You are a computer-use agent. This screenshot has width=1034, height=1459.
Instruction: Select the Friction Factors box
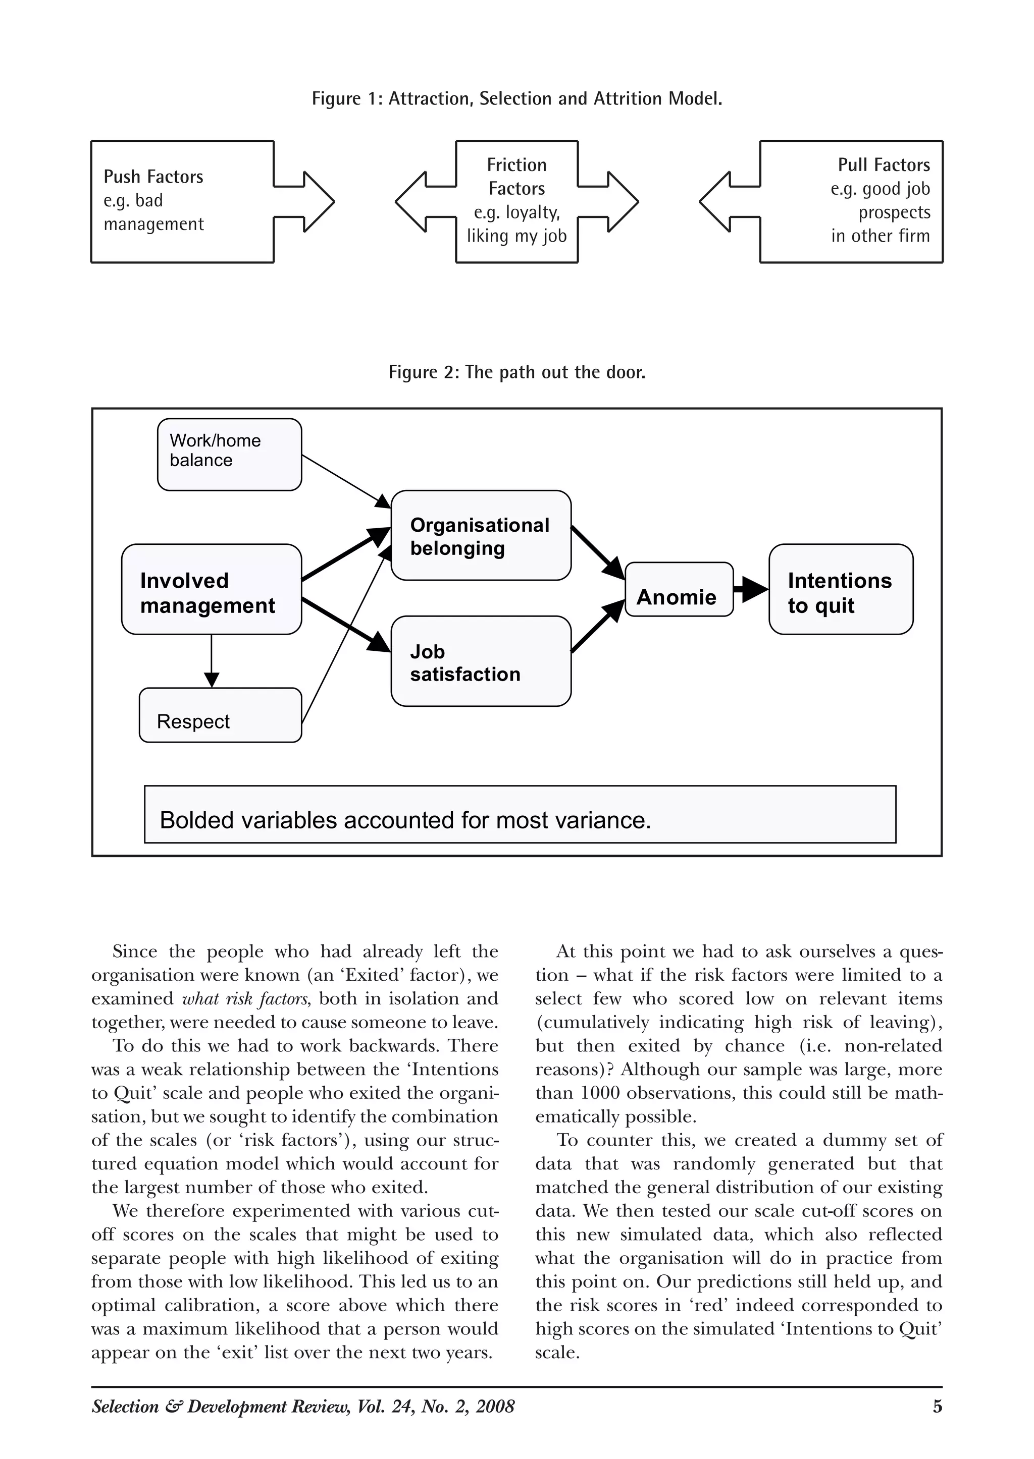[516, 201]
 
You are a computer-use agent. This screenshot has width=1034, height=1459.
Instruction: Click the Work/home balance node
[229, 455]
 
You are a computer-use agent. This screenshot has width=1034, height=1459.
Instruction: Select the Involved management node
[211, 589]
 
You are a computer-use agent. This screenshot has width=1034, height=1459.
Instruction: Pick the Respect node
[220, 715]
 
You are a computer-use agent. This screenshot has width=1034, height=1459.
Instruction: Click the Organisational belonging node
[481, 535]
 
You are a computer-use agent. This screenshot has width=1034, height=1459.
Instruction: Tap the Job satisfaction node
[481, 661]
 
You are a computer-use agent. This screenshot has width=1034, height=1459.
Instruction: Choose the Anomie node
[679, 589]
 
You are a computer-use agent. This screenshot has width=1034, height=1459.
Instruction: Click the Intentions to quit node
[841, 589]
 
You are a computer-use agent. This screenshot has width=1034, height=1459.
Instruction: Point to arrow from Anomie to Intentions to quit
[751, 589]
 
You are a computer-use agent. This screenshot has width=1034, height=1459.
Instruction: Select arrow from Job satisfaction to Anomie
[597, 627]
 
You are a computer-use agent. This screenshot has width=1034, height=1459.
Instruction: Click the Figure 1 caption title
[516, 98]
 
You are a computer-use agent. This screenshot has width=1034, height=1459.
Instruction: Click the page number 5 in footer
[937, 1406]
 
